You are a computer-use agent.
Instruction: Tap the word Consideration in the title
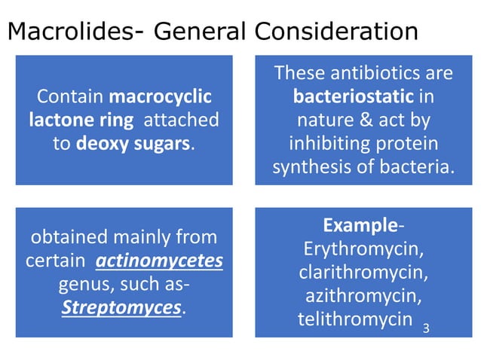[x=336, y=32]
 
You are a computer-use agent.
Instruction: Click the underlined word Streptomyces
[x=123, y=309]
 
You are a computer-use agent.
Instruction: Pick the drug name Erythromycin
[x=363, y=249]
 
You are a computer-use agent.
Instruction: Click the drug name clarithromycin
[x=363, y=272]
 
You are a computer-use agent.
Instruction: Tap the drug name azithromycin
[x=363, y=295]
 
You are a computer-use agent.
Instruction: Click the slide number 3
[x=426, y=328]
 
